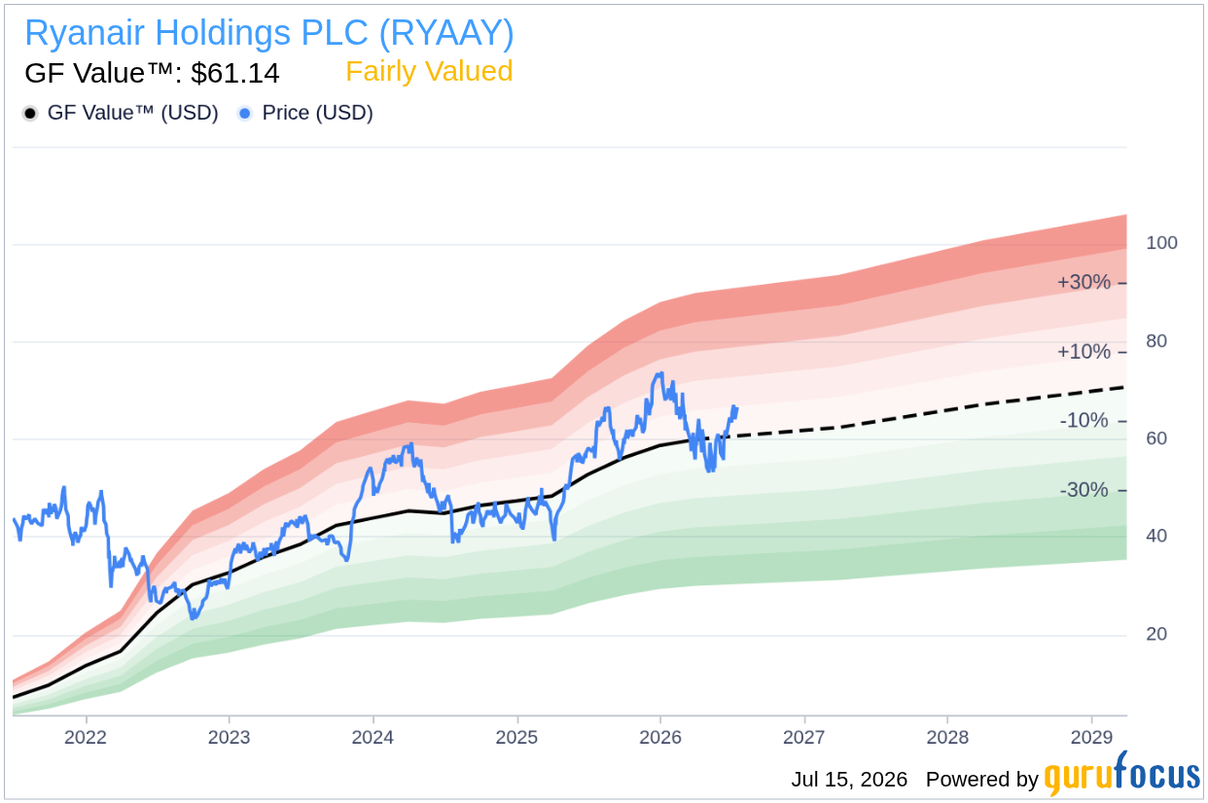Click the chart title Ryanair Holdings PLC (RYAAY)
click(269, 33)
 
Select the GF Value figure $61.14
click(235, 73)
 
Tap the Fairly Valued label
click(429, 72)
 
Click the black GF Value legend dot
click(30, 114)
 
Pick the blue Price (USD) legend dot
click(245, 114)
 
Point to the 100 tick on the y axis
click(1161, 243)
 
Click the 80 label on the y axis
click(1156, 341)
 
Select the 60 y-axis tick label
click(1156, 438)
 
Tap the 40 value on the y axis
click(1156, 537)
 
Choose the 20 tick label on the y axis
click(1156, 634)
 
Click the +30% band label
click(1084, 282)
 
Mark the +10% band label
click(1084, 352)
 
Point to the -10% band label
click(1084, 420)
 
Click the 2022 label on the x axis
click(86, 737)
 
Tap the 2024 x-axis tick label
click(373, 737)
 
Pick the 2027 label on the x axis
click(804, 737)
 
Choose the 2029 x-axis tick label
click(1091, 737)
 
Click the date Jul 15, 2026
click(849, 780)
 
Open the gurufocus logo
click(1122, 774)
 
